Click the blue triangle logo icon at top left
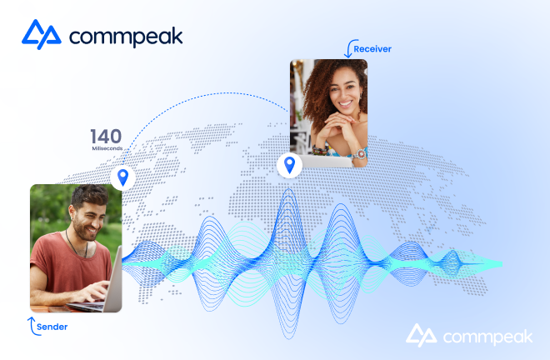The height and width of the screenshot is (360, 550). coord(42,34)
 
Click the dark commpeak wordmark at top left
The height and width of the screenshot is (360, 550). coord(126,36)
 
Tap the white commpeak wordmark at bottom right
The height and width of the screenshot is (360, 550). coord(487,337)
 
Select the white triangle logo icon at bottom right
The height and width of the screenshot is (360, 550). coord(422,335)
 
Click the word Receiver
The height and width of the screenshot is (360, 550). coord(372,49)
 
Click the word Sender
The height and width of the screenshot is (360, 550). coord(52,327)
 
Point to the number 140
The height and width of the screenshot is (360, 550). coord(106,136)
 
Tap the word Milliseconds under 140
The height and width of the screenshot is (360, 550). coord(107,148)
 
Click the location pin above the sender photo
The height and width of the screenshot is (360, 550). coord(122,177)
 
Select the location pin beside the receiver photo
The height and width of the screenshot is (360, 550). coord(289,165)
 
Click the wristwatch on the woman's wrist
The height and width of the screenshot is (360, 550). coord(360,154)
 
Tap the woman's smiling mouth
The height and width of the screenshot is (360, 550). coord(345,104)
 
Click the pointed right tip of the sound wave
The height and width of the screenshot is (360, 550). coord(502,264)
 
